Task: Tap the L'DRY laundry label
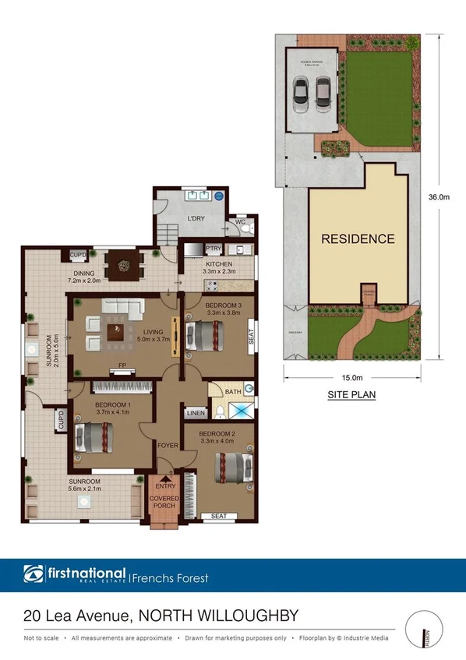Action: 195,218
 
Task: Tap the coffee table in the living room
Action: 118,333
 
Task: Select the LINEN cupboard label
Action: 195,413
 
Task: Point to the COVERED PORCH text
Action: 164,503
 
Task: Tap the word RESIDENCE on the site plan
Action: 358,239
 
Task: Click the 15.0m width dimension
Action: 351,378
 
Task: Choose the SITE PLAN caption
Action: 351,395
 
